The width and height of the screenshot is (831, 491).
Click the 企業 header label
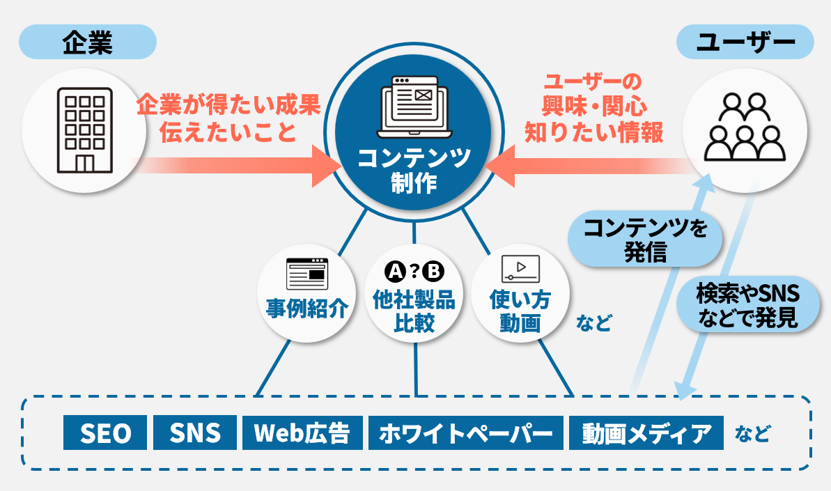[x=87, y=42]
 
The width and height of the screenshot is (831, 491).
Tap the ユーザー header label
[x=745, y=42]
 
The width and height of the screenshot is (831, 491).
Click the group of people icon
[x=745, y=127]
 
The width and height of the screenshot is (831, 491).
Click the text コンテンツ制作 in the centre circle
[x=414, y=169]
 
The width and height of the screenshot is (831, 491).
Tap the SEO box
[x=105, y=433]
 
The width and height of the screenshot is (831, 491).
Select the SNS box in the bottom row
[x=194, y=433]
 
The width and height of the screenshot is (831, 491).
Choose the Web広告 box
[x=302, y=433]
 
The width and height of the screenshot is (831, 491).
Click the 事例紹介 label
[x=306, y=308]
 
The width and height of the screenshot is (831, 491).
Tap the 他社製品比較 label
[x=414, y=311]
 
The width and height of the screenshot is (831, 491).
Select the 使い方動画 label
[x=520, y=311]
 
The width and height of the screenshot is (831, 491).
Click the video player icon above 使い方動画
[x=520, y=267]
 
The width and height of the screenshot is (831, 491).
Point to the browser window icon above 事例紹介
[x=306, y=274]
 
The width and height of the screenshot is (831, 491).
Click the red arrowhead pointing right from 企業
[x=324, y=165]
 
